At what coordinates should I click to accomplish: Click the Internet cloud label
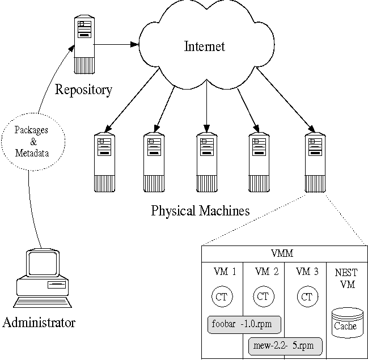[205, 46]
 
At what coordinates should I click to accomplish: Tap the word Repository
[83, 89]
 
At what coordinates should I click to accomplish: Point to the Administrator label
[39, 323]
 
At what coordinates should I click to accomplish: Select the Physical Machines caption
[200, 211]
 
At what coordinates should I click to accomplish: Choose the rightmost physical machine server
[314, 161]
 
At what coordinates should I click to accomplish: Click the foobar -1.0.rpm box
[245, 324]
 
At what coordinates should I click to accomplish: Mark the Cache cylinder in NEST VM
[345, 323]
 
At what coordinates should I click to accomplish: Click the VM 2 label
[267, 272]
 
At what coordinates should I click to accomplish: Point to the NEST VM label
[346, 278]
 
